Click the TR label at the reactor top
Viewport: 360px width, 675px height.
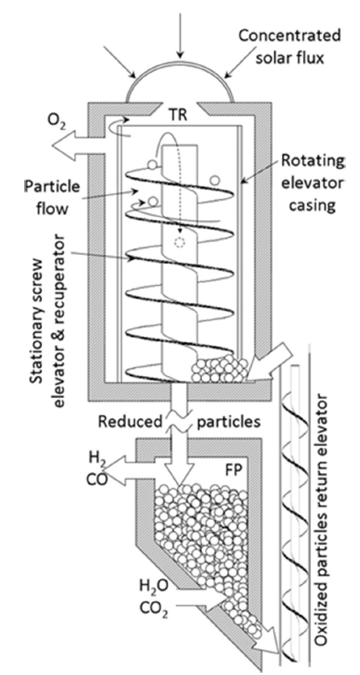click(179, 116)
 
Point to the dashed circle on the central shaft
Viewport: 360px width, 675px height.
click(179, 243)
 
